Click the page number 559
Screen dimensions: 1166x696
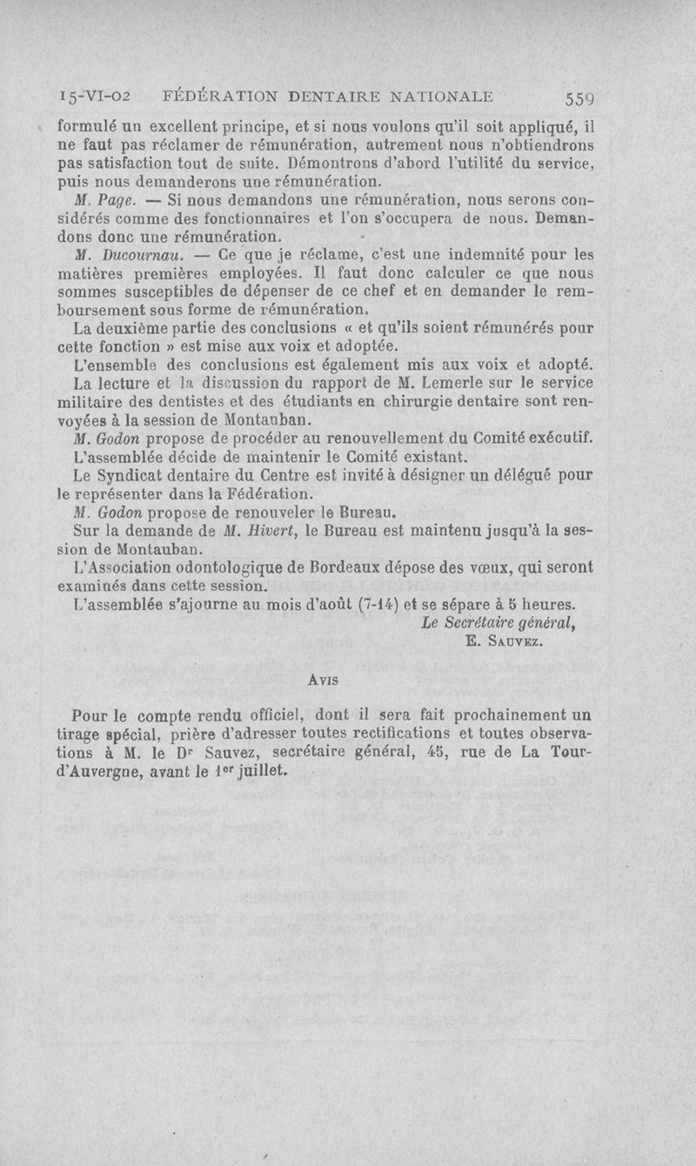click(x=579, y=97)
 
